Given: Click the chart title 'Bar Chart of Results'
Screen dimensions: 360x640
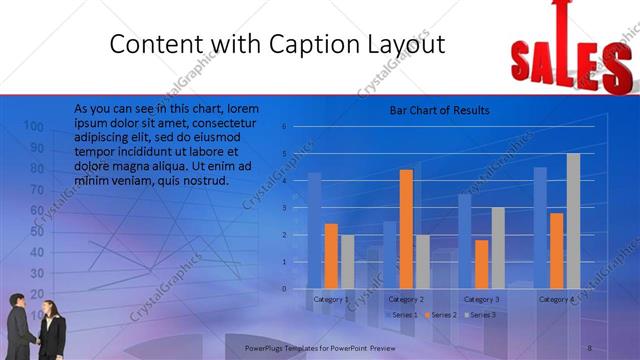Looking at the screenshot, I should (x=439, y=111).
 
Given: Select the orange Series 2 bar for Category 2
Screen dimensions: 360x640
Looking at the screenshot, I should (x=406, y=229).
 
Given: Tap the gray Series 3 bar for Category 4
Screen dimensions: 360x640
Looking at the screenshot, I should (x=573, y=221).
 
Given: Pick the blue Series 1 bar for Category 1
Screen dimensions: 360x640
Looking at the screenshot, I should (x=314, y=231).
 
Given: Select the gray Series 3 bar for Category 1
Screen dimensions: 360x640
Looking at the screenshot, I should (x=347, y=262).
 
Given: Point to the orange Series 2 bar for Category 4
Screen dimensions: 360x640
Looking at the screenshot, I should (x=556, y=251).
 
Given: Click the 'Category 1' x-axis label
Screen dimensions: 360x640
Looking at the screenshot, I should (x=331, y=299).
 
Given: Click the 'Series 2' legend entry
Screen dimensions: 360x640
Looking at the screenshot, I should (x=439, y=315).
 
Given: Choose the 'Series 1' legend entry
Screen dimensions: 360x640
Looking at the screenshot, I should (x=401, y=315).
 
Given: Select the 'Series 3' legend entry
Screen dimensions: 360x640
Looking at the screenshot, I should (x=478, y=315).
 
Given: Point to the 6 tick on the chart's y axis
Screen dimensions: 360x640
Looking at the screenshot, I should (x=284, y=127).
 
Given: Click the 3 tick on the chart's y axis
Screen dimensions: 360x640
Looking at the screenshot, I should (x=284, y=208).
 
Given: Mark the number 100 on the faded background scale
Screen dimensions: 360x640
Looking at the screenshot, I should (x=33, y=127).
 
